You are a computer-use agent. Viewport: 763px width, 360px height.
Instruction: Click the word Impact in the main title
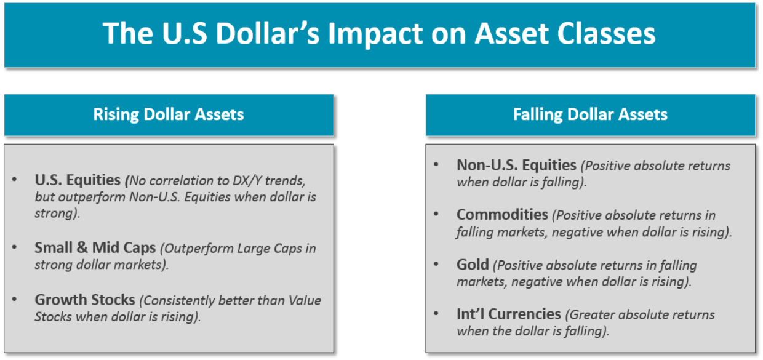(375, 34)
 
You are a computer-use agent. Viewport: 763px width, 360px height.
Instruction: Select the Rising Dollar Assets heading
(169, 114)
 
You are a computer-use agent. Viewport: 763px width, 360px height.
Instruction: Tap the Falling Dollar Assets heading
(590, 114)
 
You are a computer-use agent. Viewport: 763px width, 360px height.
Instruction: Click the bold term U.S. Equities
(78, 180)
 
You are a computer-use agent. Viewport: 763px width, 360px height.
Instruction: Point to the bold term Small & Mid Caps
(95, 247)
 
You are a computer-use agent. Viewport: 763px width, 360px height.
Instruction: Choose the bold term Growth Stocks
(85, 300)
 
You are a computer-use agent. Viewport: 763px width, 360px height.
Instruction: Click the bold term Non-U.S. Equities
(516, 165)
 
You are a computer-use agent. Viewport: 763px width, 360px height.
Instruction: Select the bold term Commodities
(503, 215)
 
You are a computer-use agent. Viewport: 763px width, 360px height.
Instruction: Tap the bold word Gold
(473, 265)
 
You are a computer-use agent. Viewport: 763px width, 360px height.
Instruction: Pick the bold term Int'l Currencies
(509, 314)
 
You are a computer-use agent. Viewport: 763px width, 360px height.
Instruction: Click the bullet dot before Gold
(436, 264)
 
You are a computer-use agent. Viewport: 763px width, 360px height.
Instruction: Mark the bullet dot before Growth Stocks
(14, 299)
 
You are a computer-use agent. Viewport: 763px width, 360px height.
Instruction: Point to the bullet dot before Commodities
(436, 214)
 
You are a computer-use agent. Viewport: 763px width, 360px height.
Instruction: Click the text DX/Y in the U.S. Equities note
(247, 180)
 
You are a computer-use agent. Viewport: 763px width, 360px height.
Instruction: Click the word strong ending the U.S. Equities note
(55, 214)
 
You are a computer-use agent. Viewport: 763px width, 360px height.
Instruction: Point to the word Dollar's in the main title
(268, 34)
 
